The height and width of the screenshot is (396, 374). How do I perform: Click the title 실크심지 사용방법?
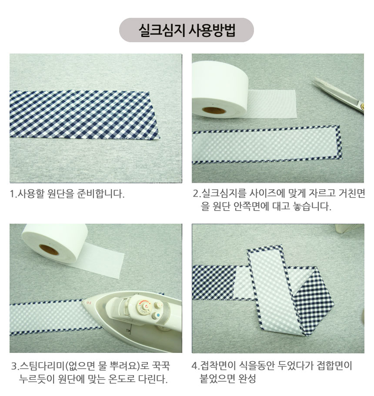[187, 30]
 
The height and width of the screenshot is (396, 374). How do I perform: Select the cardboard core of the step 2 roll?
[214, 111]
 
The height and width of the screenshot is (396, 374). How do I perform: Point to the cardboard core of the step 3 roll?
[49, 249]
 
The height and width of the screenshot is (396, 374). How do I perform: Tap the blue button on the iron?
[158, 315]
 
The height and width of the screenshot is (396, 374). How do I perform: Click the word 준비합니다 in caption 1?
[100, 194]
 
